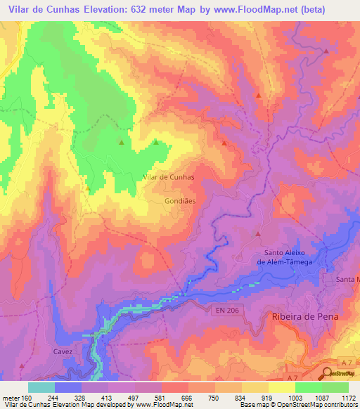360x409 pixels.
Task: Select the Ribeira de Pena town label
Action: tap(304, 317)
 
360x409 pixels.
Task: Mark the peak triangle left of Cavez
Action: tap(21, 366)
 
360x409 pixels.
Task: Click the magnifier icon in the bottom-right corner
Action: tap(328, 372)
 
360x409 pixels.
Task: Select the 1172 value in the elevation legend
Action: tap(348, 396)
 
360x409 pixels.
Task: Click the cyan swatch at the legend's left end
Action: tap(41, 387)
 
